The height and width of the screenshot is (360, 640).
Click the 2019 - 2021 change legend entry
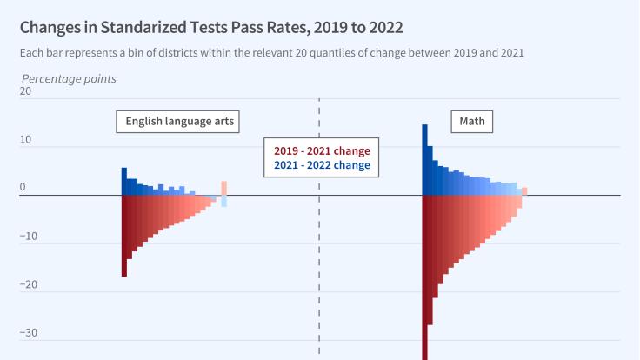(x=322, y=150)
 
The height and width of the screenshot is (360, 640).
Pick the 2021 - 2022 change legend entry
(x=322, y=165)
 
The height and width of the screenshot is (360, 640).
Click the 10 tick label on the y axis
(x=24, y=139)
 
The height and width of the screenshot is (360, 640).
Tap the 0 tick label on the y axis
(x=23, y=187)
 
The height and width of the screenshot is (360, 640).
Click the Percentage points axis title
(x=69, y=79)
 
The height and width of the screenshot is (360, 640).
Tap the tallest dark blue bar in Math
(x=425, y=160)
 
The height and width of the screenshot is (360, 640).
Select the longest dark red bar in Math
(x=425, y=278)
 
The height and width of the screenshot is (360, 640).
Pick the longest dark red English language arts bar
(x=124, y=236)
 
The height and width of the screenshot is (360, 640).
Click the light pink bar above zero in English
(x=223, y=188)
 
